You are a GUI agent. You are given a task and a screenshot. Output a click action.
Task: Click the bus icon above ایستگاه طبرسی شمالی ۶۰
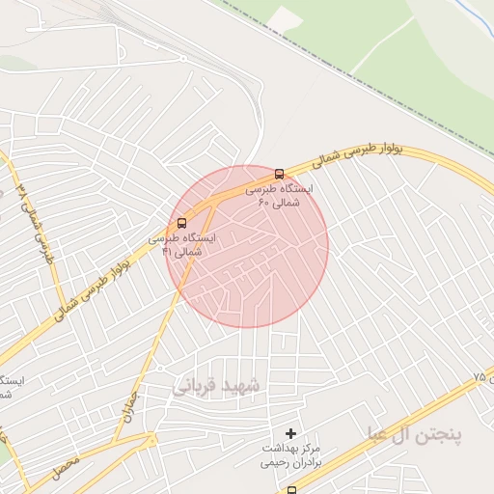[280, 175]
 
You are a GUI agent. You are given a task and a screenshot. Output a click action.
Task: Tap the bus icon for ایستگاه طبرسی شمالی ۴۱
[182, 221]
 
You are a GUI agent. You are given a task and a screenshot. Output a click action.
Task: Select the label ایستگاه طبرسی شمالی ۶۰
[273, 197]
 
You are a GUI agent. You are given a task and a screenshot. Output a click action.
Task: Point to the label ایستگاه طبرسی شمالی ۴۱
[182, 243]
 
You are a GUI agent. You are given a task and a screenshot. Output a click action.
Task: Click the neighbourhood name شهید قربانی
[217, 385]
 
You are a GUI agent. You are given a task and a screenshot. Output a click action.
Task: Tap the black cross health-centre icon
[291, 433]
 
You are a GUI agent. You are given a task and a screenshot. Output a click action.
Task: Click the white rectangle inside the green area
[287, 17]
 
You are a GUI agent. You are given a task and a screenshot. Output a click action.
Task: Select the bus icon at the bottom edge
[291, 490]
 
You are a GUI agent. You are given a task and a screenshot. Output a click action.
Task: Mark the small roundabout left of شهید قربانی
[151, 440]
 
